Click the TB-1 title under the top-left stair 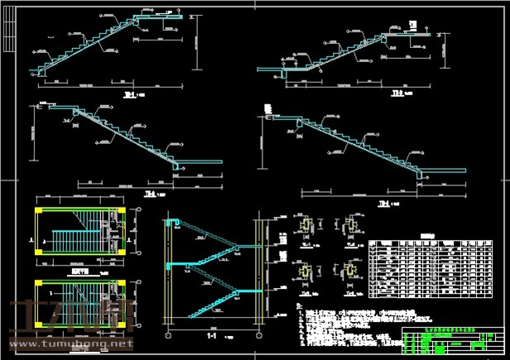click(130, 94)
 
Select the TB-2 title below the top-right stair click(397, 94)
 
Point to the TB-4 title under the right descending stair click(383, 204)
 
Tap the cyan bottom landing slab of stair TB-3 click(199, 165)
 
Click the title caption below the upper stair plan click(80, 270)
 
